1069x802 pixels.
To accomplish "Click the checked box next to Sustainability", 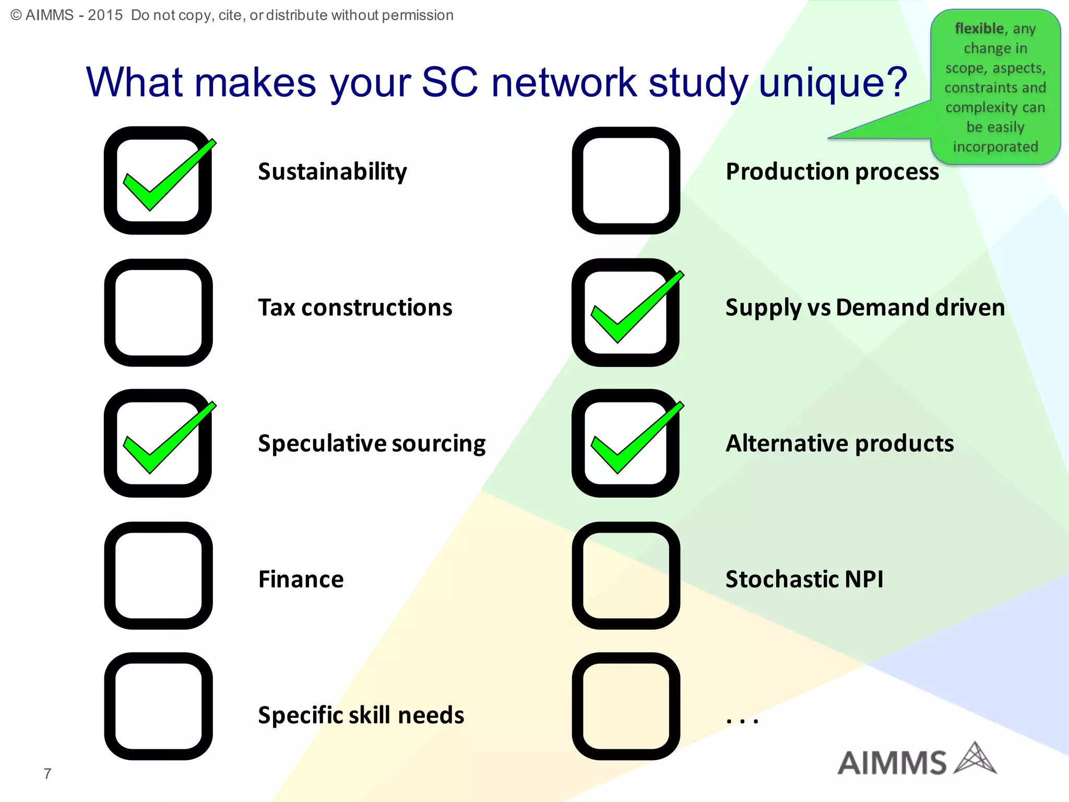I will (158, 180).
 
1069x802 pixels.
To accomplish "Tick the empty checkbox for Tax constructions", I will (158, 312).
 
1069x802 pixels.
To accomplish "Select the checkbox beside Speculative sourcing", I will (158, 443).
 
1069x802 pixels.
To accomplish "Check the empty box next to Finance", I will (158, 575).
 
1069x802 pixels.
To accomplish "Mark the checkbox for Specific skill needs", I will (158, 706).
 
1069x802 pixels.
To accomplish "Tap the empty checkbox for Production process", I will (626, 180).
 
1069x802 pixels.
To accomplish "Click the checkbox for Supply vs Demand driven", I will (625, 312).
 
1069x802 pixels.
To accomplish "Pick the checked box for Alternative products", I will (625, 443).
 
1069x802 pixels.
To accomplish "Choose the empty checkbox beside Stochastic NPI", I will (626, 575).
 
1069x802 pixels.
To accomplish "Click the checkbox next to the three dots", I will (626, 706).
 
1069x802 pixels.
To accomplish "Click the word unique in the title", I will (833, 82).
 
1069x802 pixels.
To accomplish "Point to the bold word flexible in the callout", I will (979, 28).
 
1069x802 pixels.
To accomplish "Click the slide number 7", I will (47, 773).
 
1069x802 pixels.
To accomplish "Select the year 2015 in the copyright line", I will (105, 15).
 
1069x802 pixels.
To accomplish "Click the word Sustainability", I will (332, 172).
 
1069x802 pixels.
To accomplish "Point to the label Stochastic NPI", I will (804, 580).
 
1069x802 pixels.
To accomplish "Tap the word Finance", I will (301, 580).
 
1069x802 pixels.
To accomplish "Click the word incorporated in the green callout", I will (995, 147).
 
